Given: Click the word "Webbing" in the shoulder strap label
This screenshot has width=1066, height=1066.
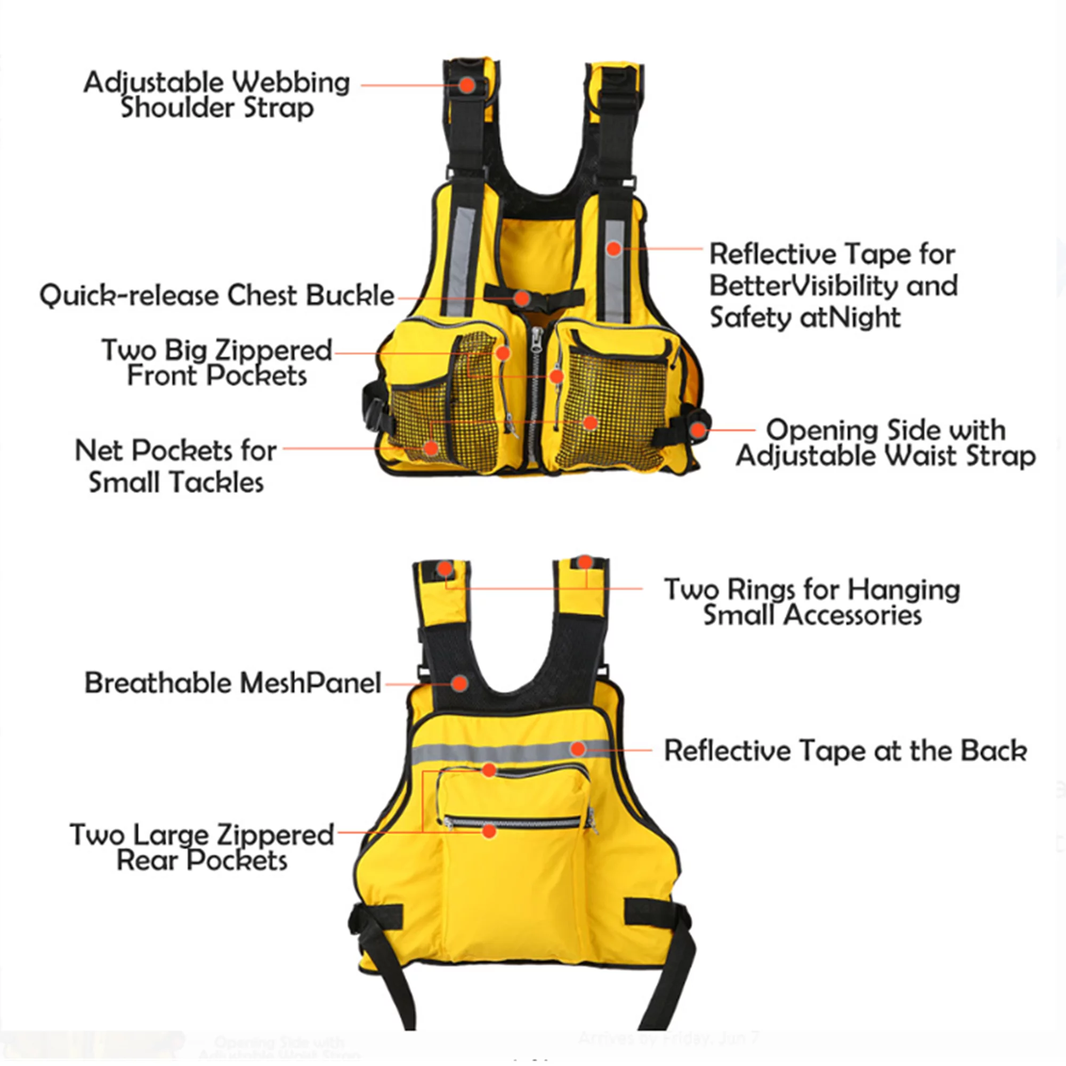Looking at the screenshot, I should click(290, 83).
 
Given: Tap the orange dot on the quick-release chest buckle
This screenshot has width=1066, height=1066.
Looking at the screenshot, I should click(522, 298).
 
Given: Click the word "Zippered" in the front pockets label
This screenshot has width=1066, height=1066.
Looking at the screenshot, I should click(273, 351).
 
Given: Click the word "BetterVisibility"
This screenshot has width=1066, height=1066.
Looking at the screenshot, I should click(803, 286).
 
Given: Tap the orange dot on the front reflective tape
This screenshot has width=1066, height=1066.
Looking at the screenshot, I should click(613, 249).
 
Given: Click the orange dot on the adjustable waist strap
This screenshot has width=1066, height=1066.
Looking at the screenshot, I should click(698, 429).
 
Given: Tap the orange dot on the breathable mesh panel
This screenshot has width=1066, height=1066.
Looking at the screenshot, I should click(459, 683).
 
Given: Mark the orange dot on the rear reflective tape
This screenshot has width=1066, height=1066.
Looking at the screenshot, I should click(578, 749).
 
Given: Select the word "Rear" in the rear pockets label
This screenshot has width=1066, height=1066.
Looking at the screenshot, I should click(147, 860).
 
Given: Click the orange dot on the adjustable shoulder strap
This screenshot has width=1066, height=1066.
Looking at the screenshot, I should click(467, 85).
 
